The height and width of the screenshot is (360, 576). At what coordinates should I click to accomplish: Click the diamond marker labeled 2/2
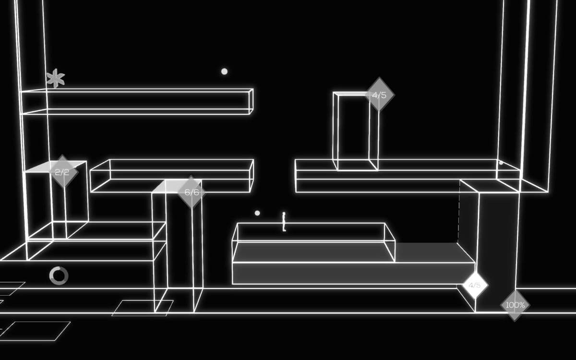[62, 171]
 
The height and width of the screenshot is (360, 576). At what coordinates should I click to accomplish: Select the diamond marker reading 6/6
[192, 192]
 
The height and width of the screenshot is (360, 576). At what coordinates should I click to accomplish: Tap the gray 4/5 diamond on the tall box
[379, 95]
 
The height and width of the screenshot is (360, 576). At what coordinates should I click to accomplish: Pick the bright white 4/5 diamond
[475, 285]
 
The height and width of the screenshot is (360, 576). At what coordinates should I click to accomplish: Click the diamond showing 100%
[515, 305]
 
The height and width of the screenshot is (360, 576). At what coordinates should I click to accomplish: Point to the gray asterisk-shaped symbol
[56, 78]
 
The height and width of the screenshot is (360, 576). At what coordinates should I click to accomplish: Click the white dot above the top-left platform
[224, 72]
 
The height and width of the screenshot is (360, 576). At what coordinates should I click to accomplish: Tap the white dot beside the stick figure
[257, 213]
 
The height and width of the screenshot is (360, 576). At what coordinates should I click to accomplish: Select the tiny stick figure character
[284, 222]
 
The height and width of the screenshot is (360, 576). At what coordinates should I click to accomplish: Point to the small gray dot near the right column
[501, 163]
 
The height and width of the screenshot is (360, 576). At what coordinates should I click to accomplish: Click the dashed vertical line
[459, 211]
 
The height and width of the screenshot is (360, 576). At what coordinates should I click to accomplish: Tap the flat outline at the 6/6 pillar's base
[143, 308]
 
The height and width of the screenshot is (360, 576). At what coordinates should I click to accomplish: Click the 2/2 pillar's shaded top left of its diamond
[38, 168]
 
